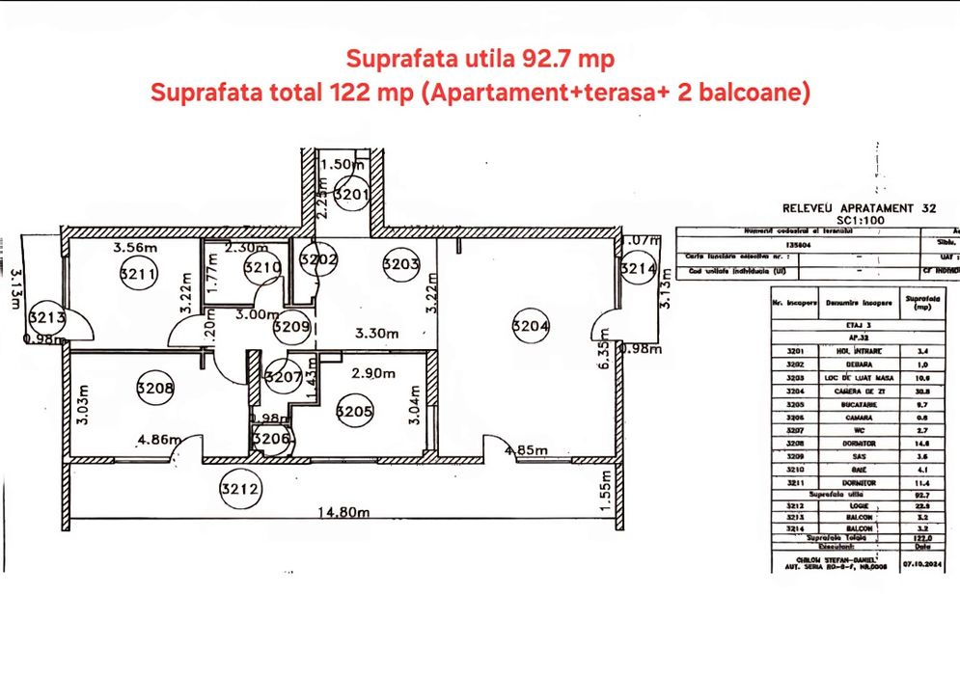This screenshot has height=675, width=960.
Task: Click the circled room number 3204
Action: point(533,327)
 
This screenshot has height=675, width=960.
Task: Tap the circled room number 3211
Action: point(138,275)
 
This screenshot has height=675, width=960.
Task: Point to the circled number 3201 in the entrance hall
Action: point(353,196)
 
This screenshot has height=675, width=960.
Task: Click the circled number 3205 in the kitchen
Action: point(353,412)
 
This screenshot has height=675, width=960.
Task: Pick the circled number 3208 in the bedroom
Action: point(157,390)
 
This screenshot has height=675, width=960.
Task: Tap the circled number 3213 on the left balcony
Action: point(45,317)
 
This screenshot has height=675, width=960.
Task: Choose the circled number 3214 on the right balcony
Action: point(637,269)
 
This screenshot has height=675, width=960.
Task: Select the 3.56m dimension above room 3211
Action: point(135,248)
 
